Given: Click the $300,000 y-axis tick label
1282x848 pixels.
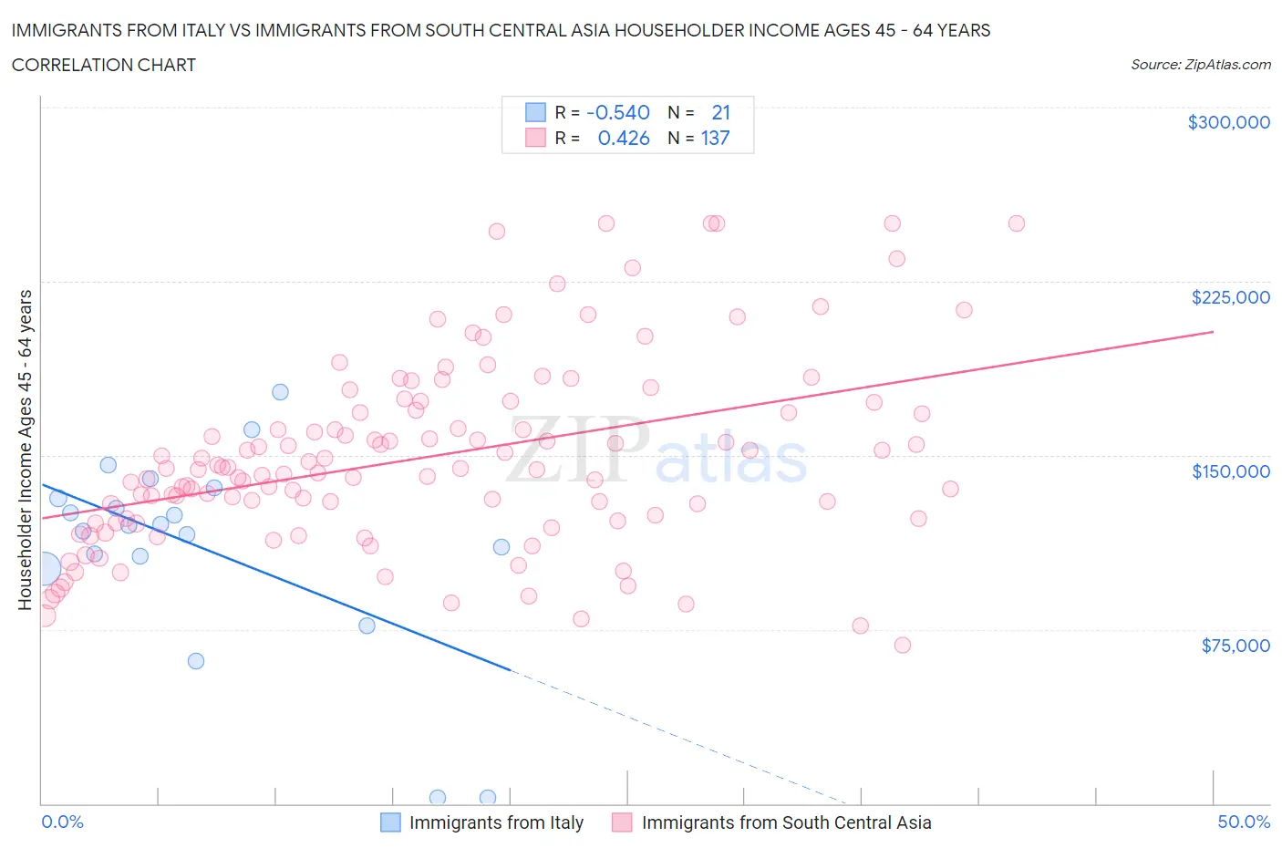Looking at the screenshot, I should (1228, 122).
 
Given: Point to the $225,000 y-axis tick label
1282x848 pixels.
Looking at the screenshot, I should (1230, 297).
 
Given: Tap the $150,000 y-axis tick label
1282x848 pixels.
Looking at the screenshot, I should (1230, 471).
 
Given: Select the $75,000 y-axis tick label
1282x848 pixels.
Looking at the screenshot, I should (1235, 646).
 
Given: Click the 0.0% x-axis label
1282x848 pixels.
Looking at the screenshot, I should (62, 822).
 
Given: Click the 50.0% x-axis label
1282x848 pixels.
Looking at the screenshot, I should (1244, 822).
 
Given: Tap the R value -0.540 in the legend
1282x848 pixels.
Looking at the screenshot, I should (618, 112).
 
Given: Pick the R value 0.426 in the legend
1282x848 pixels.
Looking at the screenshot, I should (624, 138).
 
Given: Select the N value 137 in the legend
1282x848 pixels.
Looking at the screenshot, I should (715, 138).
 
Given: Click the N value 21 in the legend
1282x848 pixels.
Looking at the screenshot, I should (720, 112).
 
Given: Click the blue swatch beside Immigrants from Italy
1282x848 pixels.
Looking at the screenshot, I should (390, 822).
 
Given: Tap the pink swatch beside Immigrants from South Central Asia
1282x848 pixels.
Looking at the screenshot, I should (622, 822).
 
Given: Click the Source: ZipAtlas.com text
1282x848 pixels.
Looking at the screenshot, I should (1200, 65).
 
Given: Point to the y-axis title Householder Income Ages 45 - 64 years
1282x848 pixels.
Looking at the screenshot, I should (25, 450).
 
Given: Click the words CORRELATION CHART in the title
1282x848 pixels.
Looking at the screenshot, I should (104, 65).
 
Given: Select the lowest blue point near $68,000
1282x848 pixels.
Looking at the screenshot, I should (196, 661).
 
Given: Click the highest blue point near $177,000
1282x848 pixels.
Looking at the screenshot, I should (281, 392).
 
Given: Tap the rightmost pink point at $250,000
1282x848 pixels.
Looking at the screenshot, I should (1017, 223).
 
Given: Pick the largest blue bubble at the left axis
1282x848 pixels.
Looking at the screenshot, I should (43, 569).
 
